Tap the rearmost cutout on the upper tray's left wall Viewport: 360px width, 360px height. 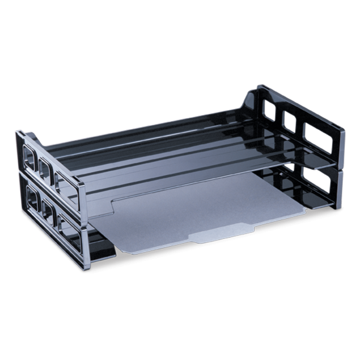[x=31, y=158]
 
